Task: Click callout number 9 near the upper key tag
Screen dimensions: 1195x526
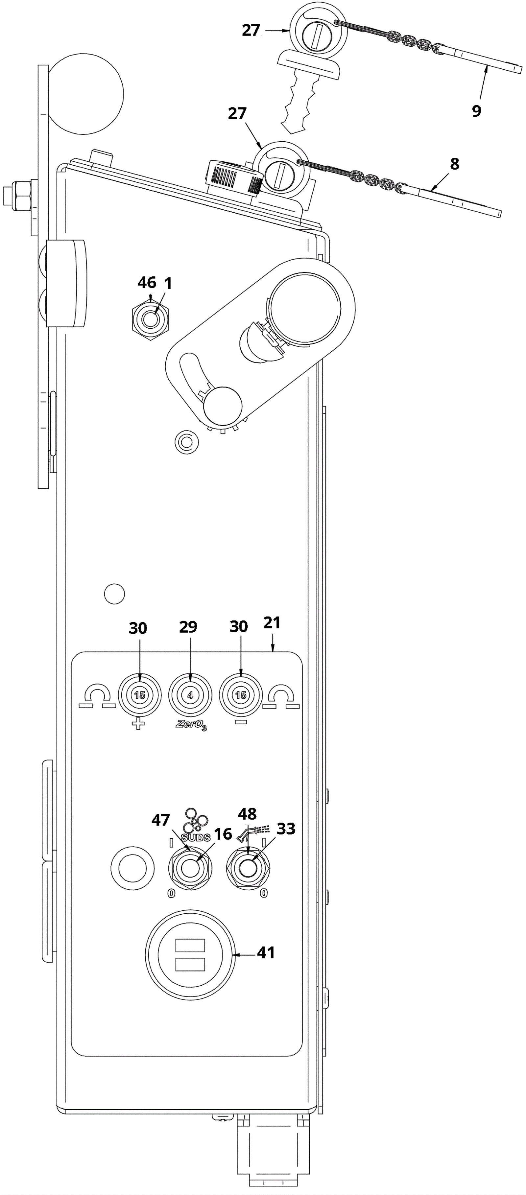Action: [476, 111]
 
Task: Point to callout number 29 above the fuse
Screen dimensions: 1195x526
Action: [188, 627]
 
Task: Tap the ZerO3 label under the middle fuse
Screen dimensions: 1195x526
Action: [191, 725]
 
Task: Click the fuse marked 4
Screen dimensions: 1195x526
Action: [190, 695]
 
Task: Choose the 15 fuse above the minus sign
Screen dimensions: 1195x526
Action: [241, 695]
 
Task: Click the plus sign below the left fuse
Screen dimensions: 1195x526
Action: [138, 724]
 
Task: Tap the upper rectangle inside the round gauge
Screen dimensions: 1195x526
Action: [190, 945]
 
